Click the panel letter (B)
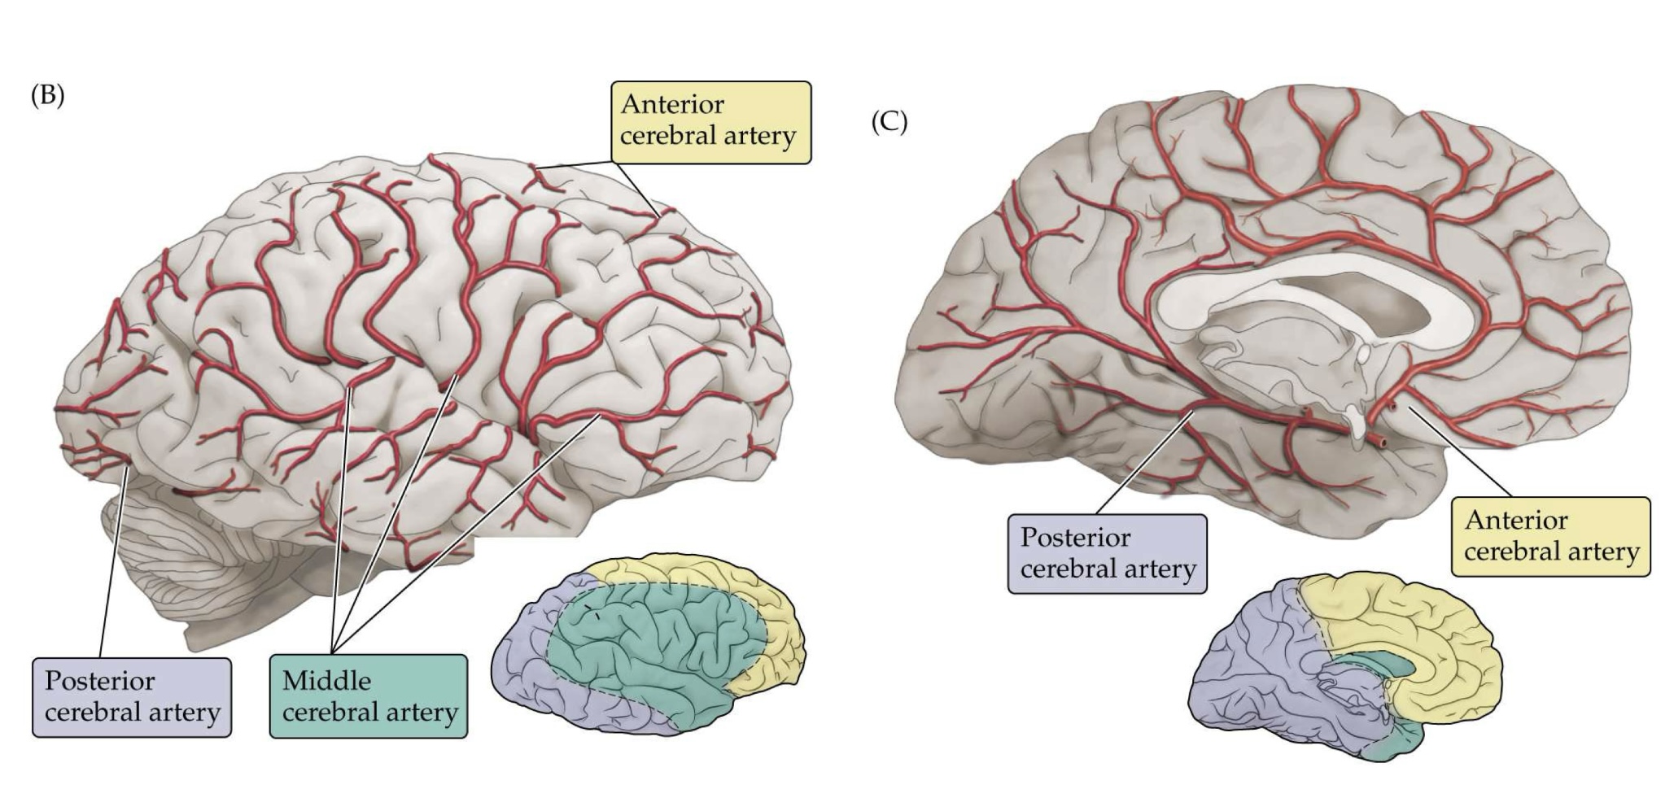pos(47,96)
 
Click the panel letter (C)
pos(889,122)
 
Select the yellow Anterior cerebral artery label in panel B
pos(710,122)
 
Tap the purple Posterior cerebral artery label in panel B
pos(132,697)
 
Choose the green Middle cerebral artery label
pos(369,697)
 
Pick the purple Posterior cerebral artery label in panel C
pos(1107,553)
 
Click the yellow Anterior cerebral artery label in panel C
pos(1551,537)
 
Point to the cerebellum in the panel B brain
pos(187,561)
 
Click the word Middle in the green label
pos(326,681)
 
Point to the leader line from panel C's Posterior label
pos(1143,464)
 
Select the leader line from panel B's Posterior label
pos(111,569)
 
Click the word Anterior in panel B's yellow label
pos(672,105)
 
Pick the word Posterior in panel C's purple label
pos(1075,538)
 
